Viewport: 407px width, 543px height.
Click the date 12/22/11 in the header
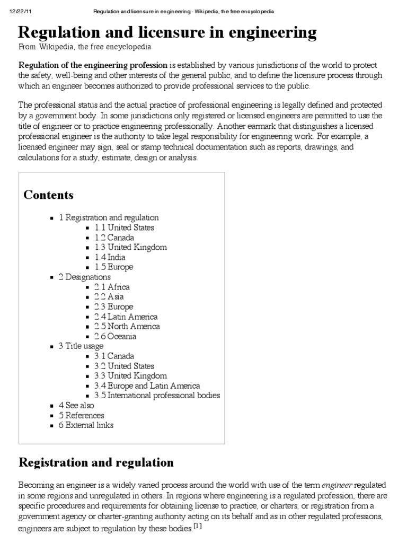tap(19, 11)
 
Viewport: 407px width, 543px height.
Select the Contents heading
tap(49, 195)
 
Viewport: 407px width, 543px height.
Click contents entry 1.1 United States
tap(125, 227)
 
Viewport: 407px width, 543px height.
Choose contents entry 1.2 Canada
tap(114, 238)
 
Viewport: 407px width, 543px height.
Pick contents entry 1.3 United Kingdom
tap(131, 247)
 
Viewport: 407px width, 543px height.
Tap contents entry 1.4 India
tap(110, 257)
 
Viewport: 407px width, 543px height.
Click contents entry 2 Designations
tap(85, 277)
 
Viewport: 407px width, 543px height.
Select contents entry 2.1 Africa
tap(112, 287)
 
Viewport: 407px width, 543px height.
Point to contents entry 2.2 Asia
tap(109, 297)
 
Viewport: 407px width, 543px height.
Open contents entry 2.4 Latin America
tap(126, 317)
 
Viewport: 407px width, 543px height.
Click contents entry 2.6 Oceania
tap(116, 336)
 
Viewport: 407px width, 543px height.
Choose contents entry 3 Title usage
tap(81, 346)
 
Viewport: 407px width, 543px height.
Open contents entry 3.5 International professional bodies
tap(157, 395)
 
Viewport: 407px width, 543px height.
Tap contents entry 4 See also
tap(76, 405)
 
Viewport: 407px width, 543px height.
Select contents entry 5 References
tap(81, 415)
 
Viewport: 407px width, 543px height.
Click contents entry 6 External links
tap(86, 425)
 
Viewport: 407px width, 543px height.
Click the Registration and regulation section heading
tap(96, 462)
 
